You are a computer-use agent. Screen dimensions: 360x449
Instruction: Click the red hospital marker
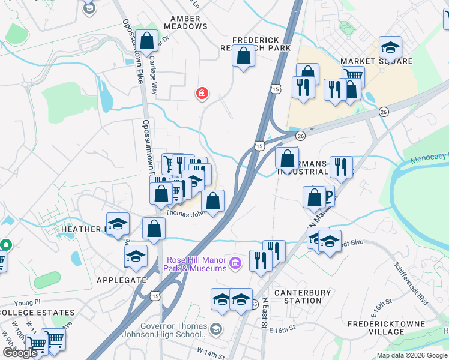coord(203,94)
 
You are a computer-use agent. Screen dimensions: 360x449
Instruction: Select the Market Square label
coord(376,61)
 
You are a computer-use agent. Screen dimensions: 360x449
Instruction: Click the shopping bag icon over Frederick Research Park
coord(243,57)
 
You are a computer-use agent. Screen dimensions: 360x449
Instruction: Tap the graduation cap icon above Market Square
coord(390,47)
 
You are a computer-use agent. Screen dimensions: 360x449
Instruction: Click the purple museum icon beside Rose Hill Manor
coord(235,263)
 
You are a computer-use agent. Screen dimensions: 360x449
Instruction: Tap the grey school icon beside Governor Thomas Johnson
coord(215,329)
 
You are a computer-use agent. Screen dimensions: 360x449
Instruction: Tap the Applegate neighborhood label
coord(121,280)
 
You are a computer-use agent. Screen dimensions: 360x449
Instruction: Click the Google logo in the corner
coord(20,353)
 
